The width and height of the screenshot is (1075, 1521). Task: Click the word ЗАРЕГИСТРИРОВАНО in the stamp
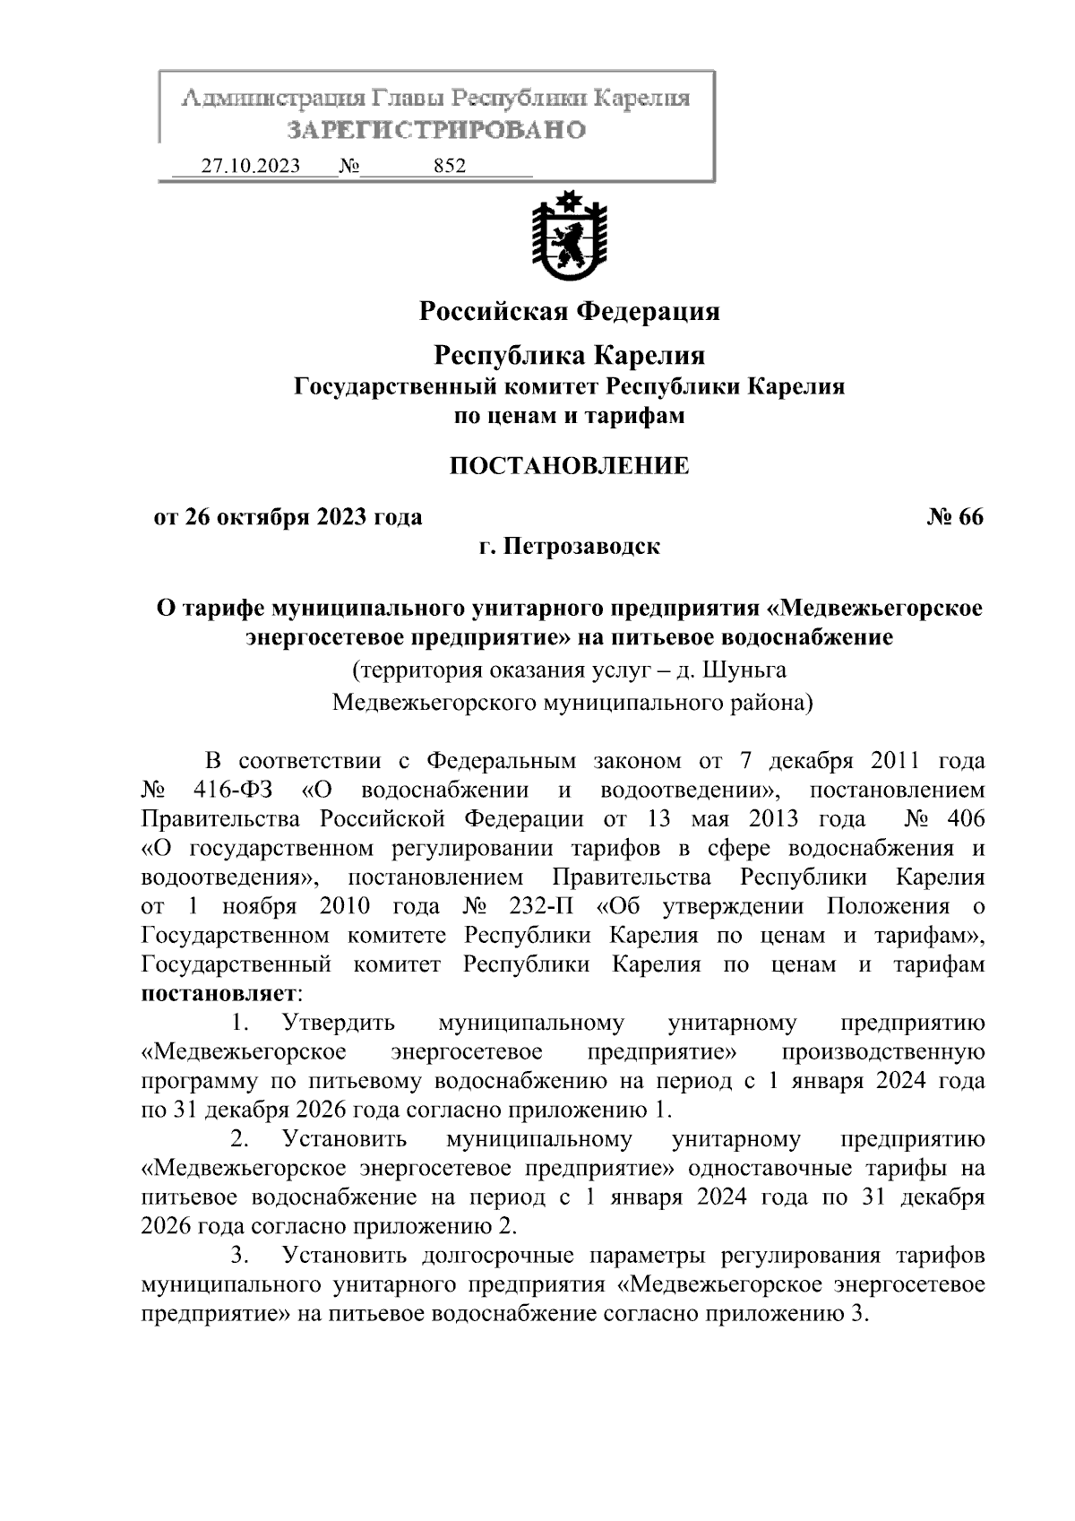click(x=436, y=131)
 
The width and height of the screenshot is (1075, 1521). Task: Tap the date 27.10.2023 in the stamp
click(x=251, y=167)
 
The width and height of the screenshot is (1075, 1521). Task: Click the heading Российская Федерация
click(x=570, y=311)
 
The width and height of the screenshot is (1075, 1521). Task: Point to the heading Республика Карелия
click(x=570, y=355)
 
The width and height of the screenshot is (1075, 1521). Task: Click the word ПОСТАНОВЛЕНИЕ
click(x=569, y=466)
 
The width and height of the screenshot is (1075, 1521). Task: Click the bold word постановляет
click(x=219, y=993)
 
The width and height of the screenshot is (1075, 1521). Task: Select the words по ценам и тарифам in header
click(x=570, y=416)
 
